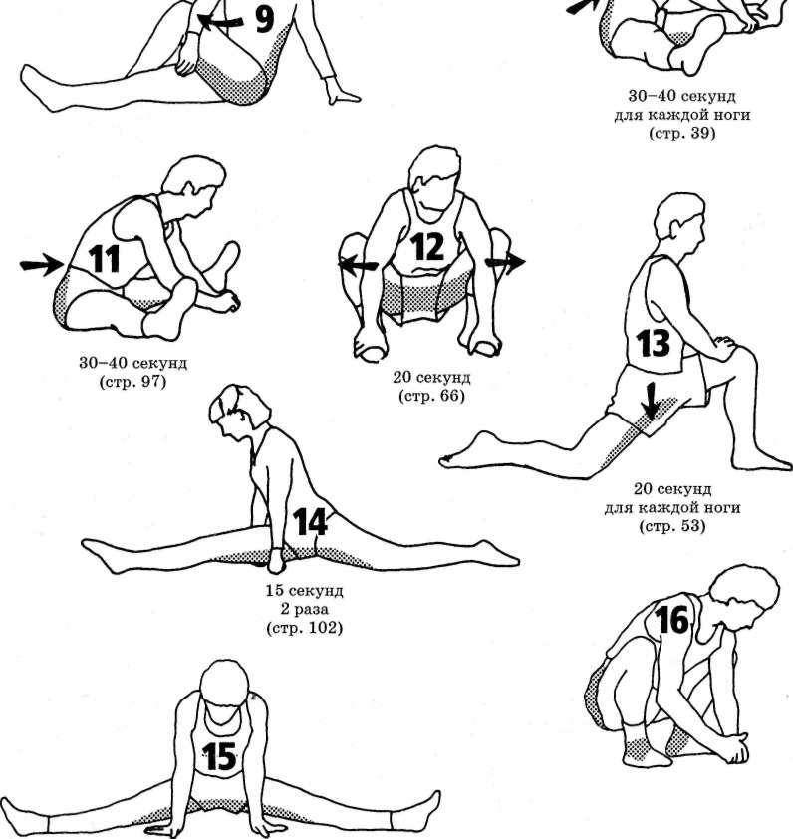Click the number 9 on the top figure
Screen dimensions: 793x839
click(264, 19)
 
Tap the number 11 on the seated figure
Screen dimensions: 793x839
click(104, 259)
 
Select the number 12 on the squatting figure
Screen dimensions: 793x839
click(428, 247)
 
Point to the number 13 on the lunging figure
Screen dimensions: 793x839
click(654, 343)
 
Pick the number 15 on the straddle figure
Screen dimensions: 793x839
click(220, 757)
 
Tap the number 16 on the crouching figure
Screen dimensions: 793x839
click(672, 620)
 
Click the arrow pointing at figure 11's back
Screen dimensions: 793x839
click(42, 264)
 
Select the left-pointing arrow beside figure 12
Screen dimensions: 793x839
click(358, 264)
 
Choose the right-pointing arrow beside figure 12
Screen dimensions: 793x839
click(505, 262)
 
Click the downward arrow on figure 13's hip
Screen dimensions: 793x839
click(651, 400)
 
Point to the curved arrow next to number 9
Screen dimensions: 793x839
click(220, 21)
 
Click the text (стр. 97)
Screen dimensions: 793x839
click(132, 382)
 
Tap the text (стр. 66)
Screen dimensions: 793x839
click(431, 396)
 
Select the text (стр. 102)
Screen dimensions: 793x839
click(305, 627)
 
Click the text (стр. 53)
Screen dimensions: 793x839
click(672, 526)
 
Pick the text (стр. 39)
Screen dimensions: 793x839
click(681, 133)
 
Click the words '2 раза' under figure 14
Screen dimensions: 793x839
click(304, 609)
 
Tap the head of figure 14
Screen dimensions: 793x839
click(240, 407)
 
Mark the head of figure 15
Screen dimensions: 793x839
click(225, 685)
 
